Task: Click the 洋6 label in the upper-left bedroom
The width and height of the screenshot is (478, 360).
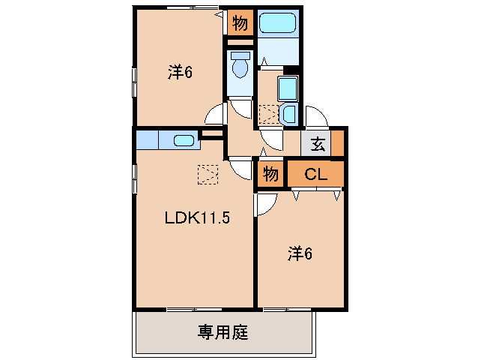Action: pyautogui.click(x=180, y=72)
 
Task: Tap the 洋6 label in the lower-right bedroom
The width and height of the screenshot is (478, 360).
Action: pyautogui.click(x=298, y=253)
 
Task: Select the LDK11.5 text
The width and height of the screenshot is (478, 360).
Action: pyautogui.click(x=196, y=218)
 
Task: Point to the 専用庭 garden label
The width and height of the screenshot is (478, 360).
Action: pyautogui.click(x=223, y=331)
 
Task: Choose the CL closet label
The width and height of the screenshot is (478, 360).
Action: pyautogui.click(x=315, y=174)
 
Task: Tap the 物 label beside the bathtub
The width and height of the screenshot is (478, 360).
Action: pyautogui.click(x=240, y=23)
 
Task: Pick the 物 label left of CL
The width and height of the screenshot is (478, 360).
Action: pyautogui.click(x=270, y=175)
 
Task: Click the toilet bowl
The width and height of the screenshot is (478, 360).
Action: pyautogui.click(x=240, y=69)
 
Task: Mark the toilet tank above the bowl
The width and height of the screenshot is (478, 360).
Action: pyautogui.click(x=240, y=55)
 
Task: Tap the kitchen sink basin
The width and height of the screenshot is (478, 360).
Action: pyautogui.click(x=184, y=139)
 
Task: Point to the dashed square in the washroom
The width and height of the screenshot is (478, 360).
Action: pyautogui.click(x=267, y=115)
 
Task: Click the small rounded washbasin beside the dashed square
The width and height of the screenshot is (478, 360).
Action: pyautogui.click(x=289, y=115)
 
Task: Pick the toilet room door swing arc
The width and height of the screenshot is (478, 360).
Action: pyautogui.click(x=241, y=109)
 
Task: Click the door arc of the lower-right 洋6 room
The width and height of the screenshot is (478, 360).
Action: pyautogui.click(x=267, y=203)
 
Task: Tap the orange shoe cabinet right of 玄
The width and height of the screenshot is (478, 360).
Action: pyautogui.click(x=338, y=142)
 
